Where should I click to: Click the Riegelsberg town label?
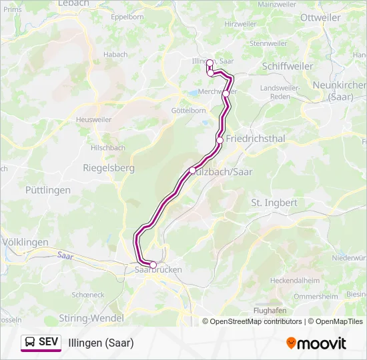[108, 168]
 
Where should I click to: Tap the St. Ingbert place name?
[274, 202]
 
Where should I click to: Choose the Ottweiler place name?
[320, 17]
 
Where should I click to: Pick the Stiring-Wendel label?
[91, 317]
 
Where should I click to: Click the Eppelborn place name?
[129, 17]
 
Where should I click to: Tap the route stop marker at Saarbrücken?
[153, 265]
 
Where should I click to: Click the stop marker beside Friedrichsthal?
[220, 140]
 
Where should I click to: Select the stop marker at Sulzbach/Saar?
[193, 171]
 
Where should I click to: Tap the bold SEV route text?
[49, 342]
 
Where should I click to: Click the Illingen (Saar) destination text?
[101, 343]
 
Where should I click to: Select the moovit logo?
[316, 343]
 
